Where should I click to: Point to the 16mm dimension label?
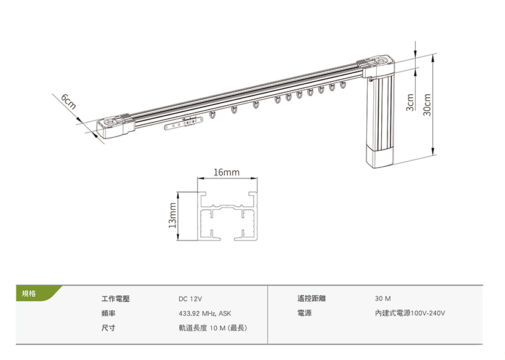[227, 172]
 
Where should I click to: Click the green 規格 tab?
[29, 294]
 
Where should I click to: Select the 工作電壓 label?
[116, 298]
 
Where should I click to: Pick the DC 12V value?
[190, 298]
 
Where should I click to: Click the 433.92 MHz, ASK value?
[205, 313]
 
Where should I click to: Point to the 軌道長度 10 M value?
[212, 328]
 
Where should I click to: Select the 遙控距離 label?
[311, 298]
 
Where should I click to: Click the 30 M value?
[382, 298]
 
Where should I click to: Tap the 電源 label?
[304, 313]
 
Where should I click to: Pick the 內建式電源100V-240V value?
[410, 313]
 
